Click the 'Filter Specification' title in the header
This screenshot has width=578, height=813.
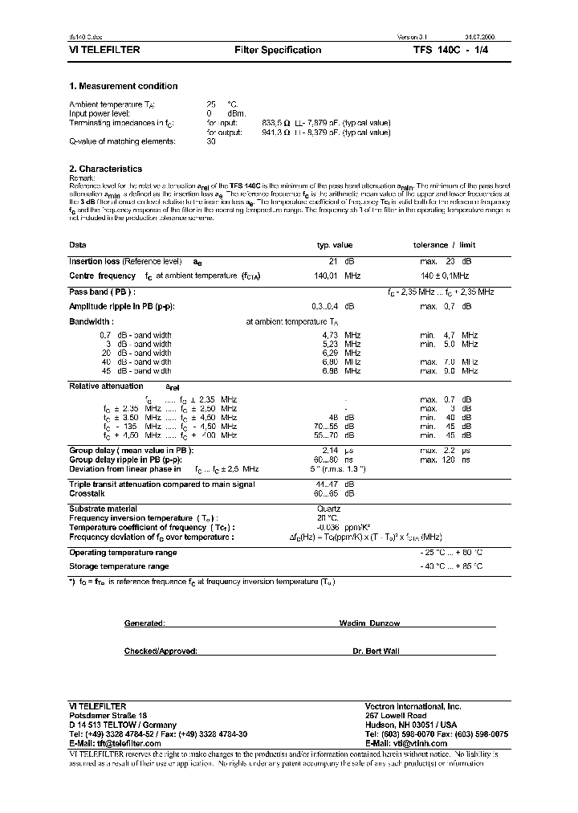(x=278, y=50)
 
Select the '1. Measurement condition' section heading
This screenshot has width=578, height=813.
(x=123, y=86)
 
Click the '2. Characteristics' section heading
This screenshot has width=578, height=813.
(x=105, y=169)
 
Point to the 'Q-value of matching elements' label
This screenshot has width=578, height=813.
(x=122, y=141)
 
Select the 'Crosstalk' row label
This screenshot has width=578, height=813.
(x=87, y=494)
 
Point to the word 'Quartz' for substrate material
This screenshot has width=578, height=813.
(x=329, y=509)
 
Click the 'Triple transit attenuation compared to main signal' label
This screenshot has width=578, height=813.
(x=162, y=484)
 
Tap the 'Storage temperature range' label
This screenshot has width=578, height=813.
(x=118, y=566)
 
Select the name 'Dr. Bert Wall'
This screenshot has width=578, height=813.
(x=376, y=652)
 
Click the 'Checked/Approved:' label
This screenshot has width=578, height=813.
(x=161, y=652)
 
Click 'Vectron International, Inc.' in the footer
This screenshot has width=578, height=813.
(x=413, y=705)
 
